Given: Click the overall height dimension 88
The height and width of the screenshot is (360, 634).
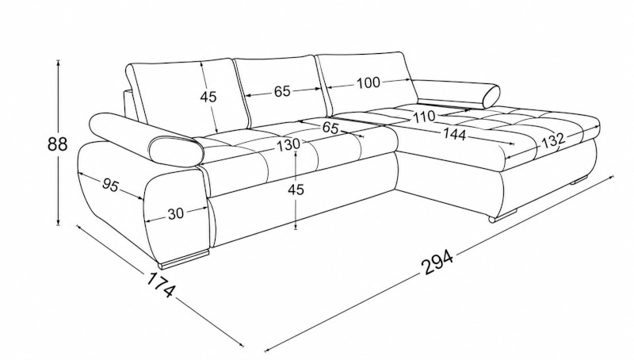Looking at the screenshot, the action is pos(57,144).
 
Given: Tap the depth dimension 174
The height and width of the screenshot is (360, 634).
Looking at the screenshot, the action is pos(161,285).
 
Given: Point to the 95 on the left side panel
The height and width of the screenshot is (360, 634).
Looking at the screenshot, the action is pos(110,186).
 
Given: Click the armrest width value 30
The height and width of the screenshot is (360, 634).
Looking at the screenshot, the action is pos(175,213).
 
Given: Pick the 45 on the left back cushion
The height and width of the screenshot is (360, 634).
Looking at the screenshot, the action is pos(208,97).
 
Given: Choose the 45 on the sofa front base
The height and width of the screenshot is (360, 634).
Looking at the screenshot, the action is pos(296,189).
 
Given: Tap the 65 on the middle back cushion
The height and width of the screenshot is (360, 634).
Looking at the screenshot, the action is pos(282,91).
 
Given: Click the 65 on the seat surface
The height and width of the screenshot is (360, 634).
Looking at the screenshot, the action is pos(330,128).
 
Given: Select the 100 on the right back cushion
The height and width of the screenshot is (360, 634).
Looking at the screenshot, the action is pos(369,83).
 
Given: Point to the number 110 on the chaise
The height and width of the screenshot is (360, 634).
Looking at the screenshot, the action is pos(424,117).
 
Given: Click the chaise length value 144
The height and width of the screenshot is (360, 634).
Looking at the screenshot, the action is pos(454,133).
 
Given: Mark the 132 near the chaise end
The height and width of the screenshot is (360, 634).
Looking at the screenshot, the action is pos(552,140).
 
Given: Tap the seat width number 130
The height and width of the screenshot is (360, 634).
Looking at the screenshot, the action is pos(288,144).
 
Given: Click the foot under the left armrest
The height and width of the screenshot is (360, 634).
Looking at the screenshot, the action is pos(185,259).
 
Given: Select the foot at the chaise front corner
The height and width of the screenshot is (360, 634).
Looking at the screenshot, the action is pos(503,216).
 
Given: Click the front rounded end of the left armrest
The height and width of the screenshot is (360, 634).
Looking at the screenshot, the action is pos(176,151).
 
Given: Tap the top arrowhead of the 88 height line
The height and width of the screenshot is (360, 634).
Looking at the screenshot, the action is pos(59,63).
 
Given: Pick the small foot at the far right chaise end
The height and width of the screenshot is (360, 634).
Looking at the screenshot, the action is pos(579,181).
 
